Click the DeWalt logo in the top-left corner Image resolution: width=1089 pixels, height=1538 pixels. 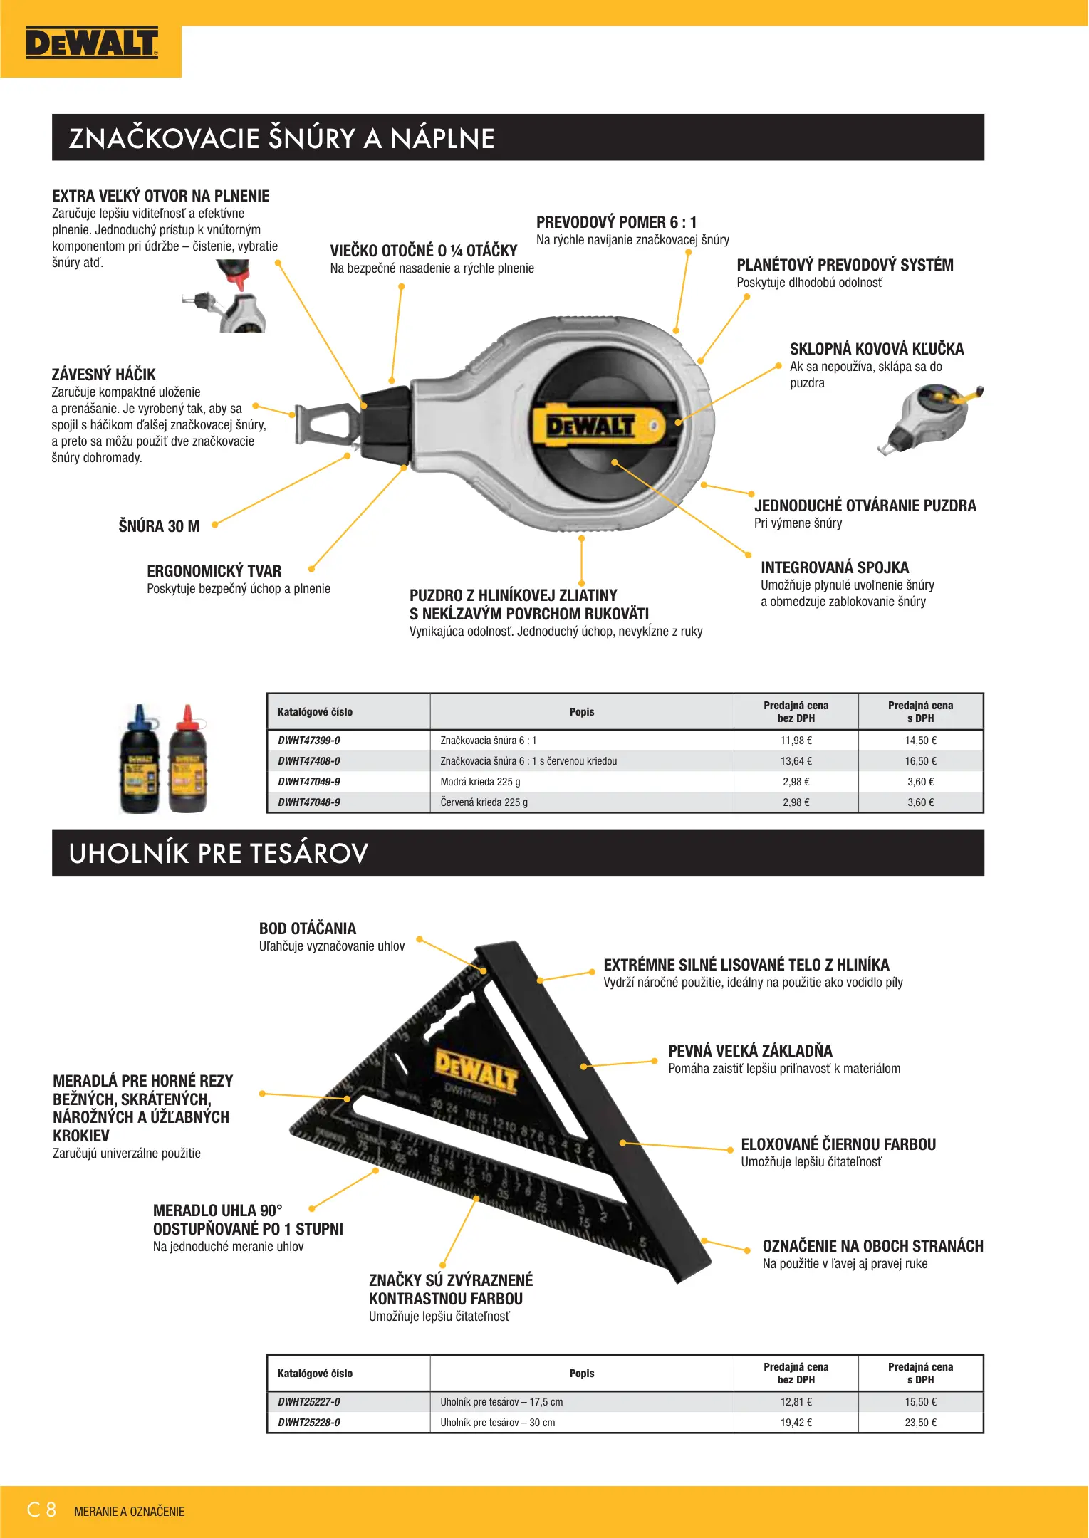(91, 43)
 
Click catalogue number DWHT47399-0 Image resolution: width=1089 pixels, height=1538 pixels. (309, 741)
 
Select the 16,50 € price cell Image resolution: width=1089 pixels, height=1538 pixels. (920, 761)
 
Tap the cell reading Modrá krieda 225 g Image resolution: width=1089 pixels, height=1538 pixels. (480, 782)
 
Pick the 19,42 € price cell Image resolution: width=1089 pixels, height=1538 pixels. (796, 1423)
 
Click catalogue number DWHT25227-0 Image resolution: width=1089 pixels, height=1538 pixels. (309, 1402)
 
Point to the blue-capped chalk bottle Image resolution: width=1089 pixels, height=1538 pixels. (140, 759)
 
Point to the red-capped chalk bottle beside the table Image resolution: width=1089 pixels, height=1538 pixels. (188, 759)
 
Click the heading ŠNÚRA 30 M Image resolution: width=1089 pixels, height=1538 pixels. (159, 526)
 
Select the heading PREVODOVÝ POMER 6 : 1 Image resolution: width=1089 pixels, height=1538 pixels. (616, 222)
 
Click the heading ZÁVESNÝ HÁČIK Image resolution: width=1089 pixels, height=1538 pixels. (104, 375)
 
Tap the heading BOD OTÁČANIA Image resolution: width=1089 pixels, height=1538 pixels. (308, 928)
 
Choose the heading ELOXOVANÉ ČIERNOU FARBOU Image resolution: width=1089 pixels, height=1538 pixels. (838, 1144)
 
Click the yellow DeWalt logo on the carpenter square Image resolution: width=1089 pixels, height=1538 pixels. (476, 1069)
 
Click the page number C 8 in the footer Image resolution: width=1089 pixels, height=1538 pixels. (41, 1510)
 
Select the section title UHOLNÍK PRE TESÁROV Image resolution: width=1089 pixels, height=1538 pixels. (218, 853)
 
